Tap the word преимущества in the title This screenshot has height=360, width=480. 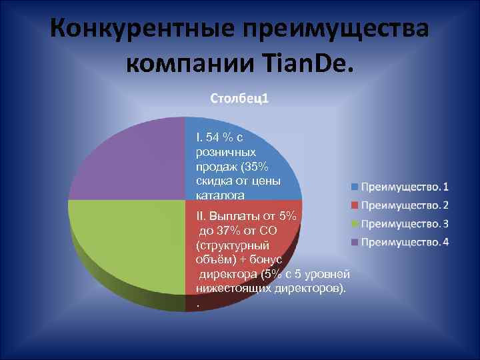pyautogui.click(x=337, y=30)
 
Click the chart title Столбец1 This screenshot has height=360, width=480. pyautogui.click(x=239, y=99)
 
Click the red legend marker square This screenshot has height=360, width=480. pyautogui.click(x=355, y=205)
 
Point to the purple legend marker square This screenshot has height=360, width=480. pyautogui.click(x=355, y=241)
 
